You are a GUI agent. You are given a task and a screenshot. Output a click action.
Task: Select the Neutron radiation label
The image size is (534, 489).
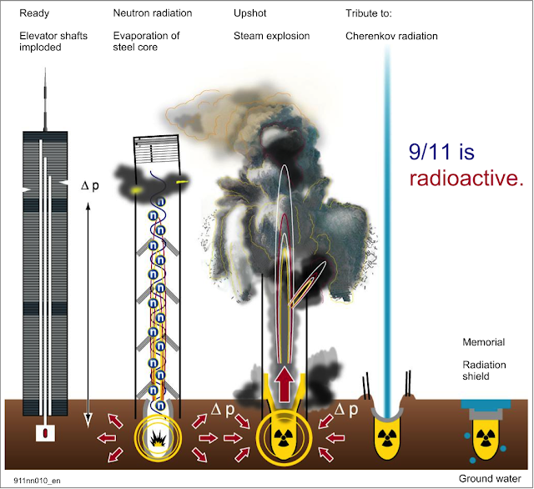tap(153, 14)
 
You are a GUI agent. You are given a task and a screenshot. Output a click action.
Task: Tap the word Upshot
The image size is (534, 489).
tap(249, 14)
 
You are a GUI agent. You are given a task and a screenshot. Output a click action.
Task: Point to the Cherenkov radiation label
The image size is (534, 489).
tap(391, 36)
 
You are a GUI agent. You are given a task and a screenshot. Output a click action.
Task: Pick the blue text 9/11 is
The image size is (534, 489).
tap(441, 152)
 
